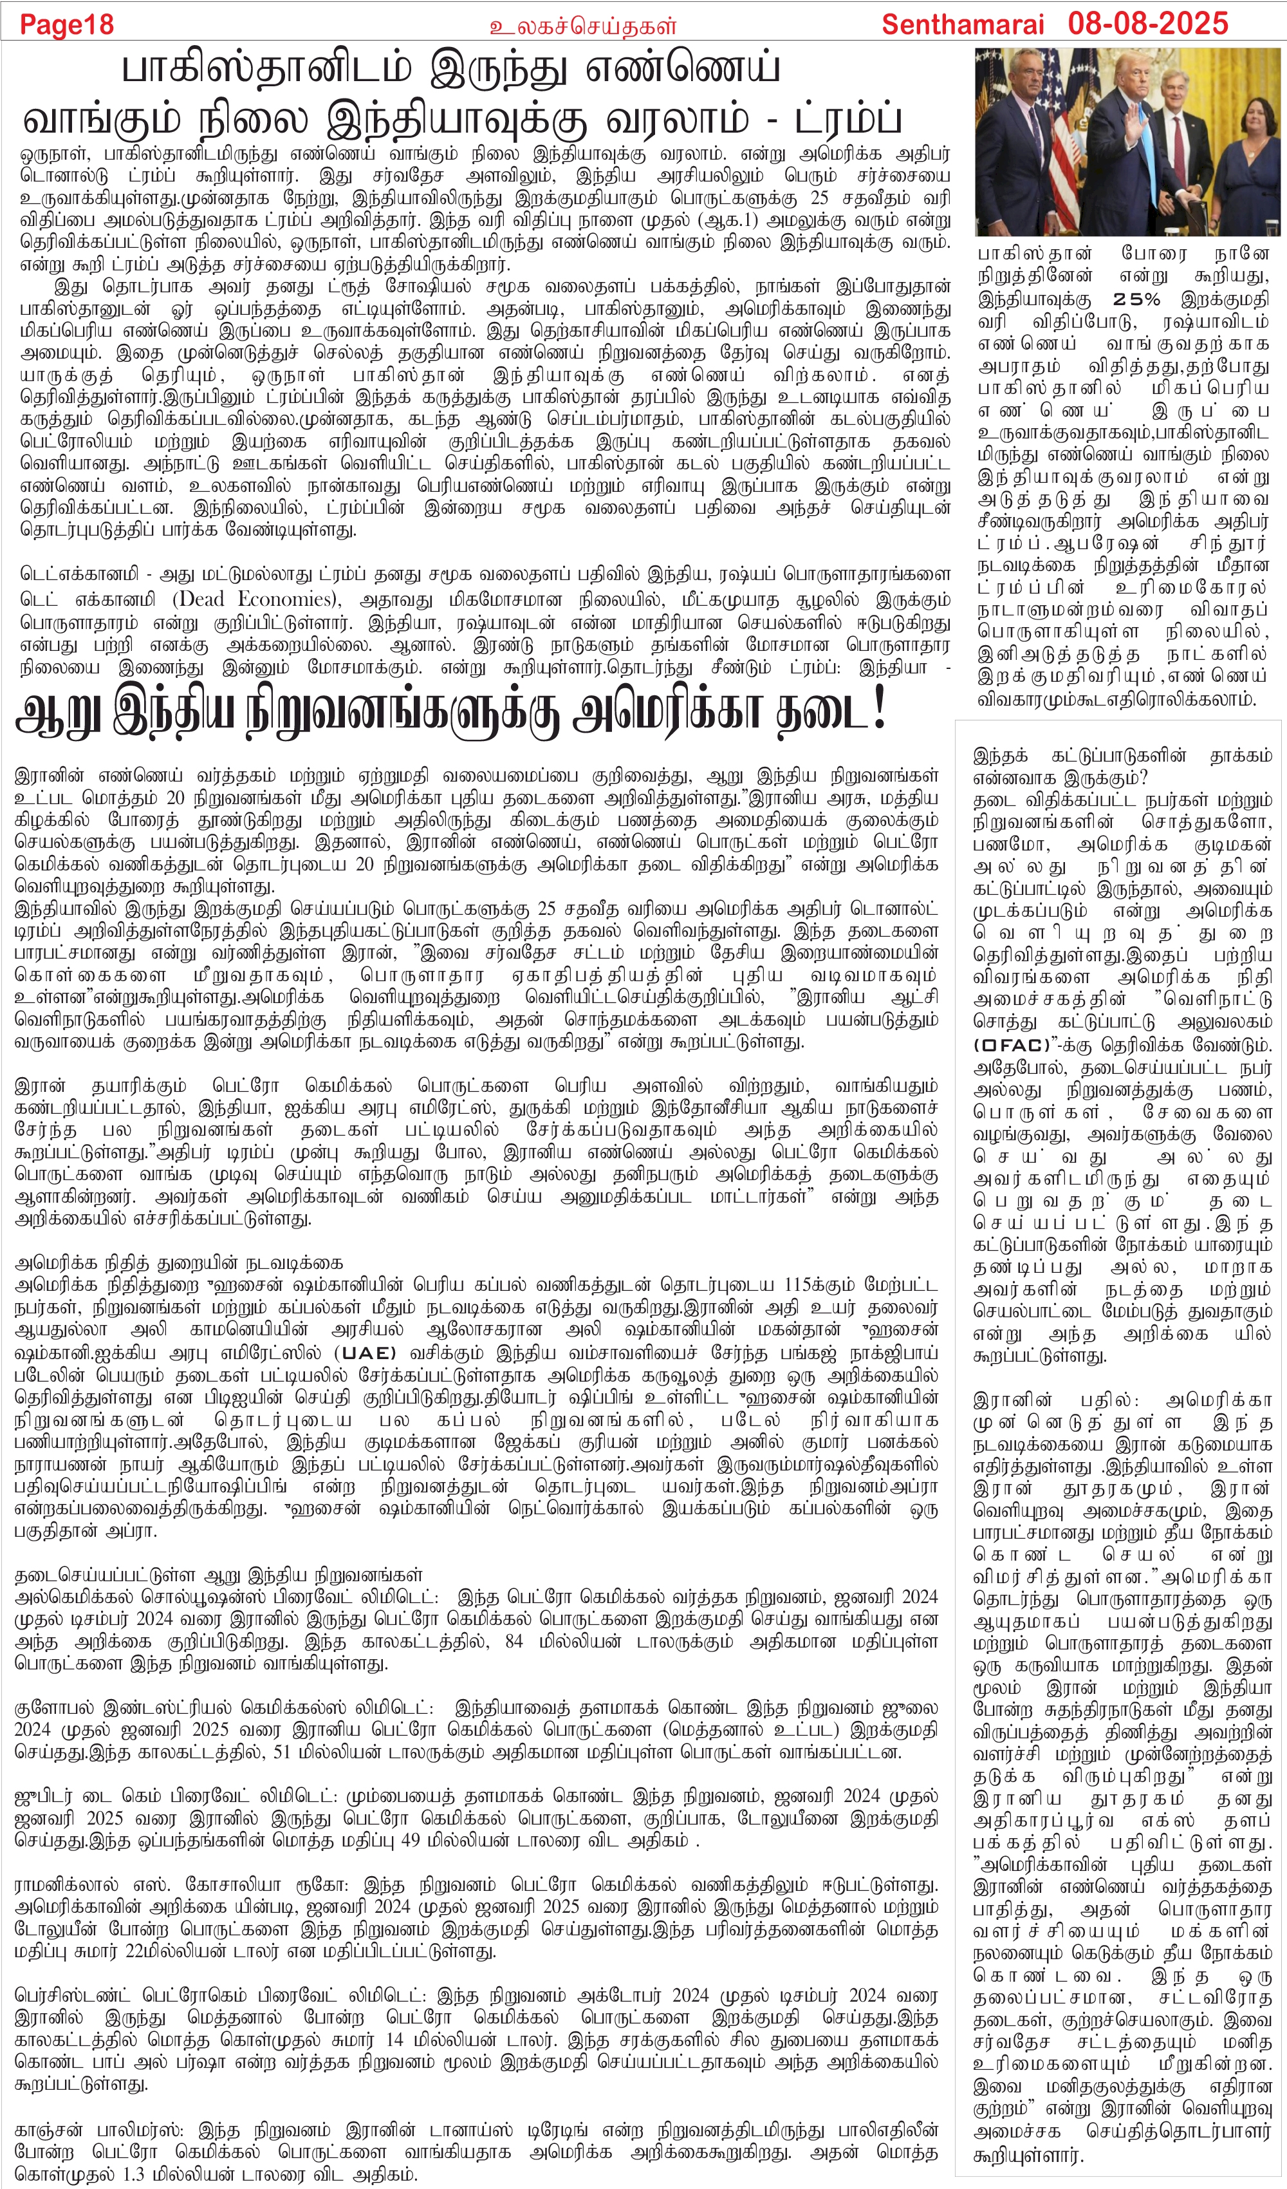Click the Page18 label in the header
click(x=67, y=23)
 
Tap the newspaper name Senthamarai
click(x=965, y=23)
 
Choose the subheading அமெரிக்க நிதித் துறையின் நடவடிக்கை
click(x=179, y=1261)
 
